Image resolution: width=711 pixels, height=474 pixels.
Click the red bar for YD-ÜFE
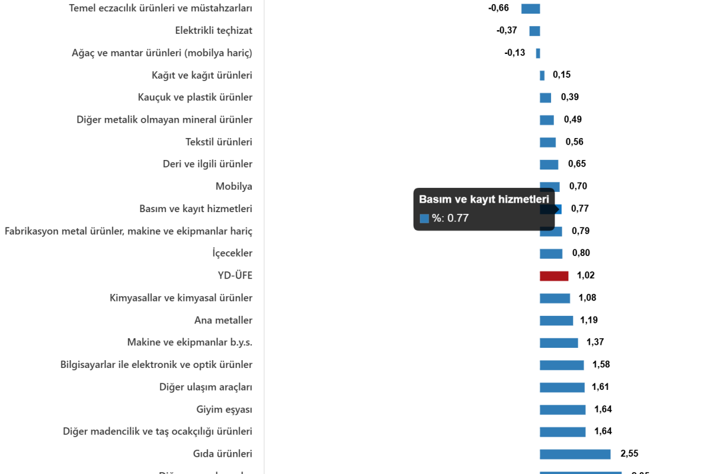pos(553,276)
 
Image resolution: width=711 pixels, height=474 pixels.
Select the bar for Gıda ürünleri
pos(575,454)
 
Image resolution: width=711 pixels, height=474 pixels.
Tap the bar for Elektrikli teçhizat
pos(534,31)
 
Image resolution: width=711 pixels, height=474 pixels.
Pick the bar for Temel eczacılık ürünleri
pos(530,9)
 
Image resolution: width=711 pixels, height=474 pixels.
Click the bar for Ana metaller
pos(556,321)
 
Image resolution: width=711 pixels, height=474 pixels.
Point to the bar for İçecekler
pos(550,254)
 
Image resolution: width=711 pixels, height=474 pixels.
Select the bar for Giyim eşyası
pos(562,410)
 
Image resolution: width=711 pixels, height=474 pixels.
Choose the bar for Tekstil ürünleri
pos(547,143)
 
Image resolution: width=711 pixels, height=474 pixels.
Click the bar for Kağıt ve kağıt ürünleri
pos(542,75)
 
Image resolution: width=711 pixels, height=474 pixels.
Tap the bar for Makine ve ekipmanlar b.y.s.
pos(558,343)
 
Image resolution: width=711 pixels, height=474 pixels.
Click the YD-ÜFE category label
pos(235,276)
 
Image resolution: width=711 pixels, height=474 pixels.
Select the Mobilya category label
pos(234,187)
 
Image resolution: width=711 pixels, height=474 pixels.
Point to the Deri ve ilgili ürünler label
pos(207,164)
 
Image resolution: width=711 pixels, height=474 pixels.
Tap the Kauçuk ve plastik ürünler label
pos(195,97)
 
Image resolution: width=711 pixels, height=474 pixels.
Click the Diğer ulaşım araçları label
pos(206,387)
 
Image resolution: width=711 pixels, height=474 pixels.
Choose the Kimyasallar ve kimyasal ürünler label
pos(181,298)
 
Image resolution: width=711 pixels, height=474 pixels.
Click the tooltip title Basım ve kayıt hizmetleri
pos(483,200)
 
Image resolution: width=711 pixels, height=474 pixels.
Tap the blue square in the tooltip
pos(424,219)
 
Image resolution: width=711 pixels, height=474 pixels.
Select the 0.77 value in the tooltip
pos(457,218)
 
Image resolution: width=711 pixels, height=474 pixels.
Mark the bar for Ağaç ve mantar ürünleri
pos(538,53)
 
